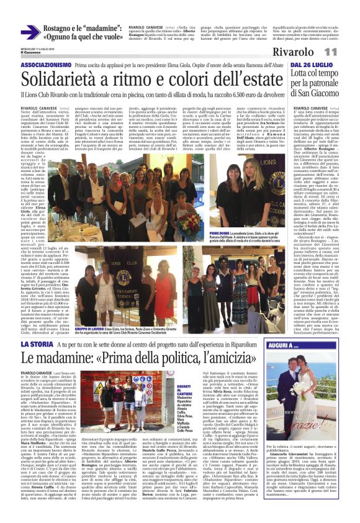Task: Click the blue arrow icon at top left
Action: (30, 32)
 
